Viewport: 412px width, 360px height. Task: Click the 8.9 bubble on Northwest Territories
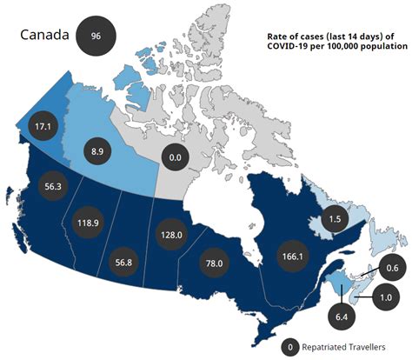point(96,150)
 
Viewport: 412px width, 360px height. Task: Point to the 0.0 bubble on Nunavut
point(175,157)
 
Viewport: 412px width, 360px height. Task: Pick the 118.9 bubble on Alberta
point(90,222)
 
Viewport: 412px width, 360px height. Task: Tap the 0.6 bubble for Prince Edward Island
point(391,268)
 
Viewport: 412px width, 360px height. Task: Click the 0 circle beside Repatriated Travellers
point(289,347)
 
